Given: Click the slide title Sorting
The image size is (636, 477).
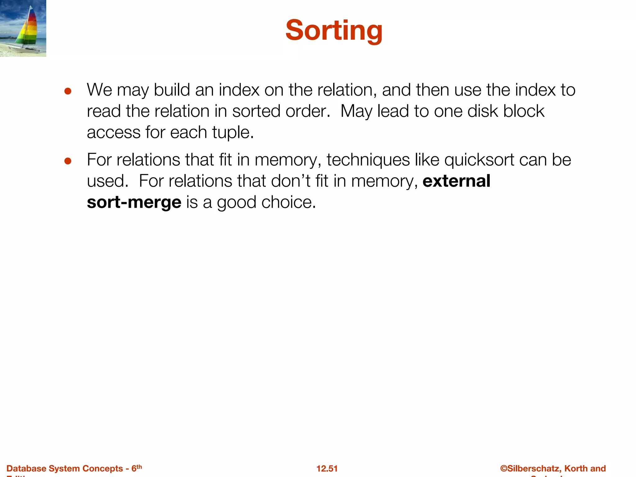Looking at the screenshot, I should click(334, 30).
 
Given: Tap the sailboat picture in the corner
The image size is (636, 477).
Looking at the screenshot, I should click(23, 28).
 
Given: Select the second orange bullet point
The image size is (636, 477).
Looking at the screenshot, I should click(68, 161).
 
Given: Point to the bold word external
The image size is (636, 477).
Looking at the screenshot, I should click(456, 181).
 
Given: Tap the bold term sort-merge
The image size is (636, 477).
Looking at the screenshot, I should click(134, 202).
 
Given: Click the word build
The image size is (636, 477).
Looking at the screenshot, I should click(172, 90).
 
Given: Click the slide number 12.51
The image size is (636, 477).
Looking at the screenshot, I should click(327, 469).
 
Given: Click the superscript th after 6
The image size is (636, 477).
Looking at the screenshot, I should click(139, 466).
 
